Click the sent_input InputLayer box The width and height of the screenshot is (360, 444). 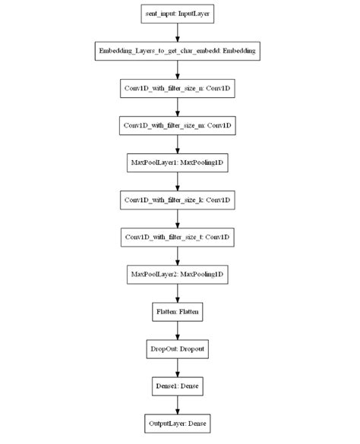178,14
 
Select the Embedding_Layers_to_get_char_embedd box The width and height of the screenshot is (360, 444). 178,51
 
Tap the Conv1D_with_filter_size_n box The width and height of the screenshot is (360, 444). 178,88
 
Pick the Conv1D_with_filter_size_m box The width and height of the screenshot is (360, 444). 178,125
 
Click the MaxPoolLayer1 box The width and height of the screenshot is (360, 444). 178,162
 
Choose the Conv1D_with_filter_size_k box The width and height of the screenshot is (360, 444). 178,200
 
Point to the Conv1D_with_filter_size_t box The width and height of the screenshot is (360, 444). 178,237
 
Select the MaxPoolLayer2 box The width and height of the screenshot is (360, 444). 178,274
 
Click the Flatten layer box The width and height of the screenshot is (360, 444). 178,311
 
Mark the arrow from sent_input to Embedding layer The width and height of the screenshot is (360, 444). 178,32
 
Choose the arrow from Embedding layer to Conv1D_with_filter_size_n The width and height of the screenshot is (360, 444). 178,69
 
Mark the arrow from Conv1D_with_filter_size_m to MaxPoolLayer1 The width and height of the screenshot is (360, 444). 178,143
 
